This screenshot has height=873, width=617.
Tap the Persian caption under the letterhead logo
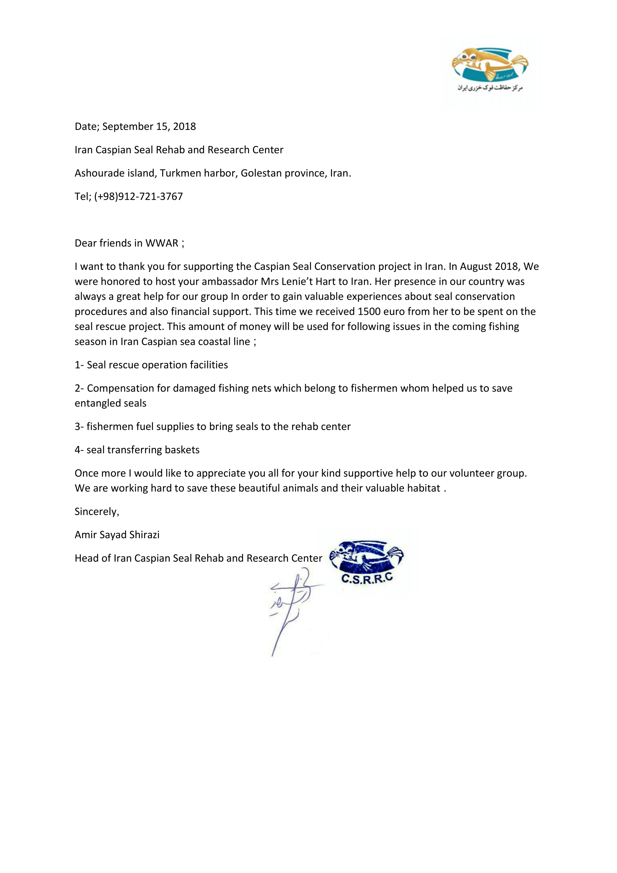coord(490,88)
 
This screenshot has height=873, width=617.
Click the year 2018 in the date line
coord(184,127)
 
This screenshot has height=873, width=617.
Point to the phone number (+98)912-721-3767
coord(138,197)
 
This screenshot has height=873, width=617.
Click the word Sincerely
coord(97,512)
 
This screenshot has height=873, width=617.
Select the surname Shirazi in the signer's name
coord(144,535)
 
